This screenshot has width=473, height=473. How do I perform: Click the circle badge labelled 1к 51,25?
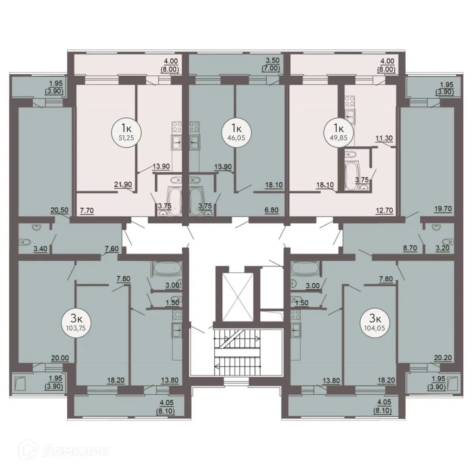126,132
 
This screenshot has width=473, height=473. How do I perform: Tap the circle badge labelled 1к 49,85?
338,132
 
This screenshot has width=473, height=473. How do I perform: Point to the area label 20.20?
442,358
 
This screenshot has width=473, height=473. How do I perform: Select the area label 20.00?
60,358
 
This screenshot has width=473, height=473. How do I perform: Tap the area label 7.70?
86,210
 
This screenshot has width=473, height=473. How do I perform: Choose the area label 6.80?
272,210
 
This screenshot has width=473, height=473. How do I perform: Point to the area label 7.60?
112,248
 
